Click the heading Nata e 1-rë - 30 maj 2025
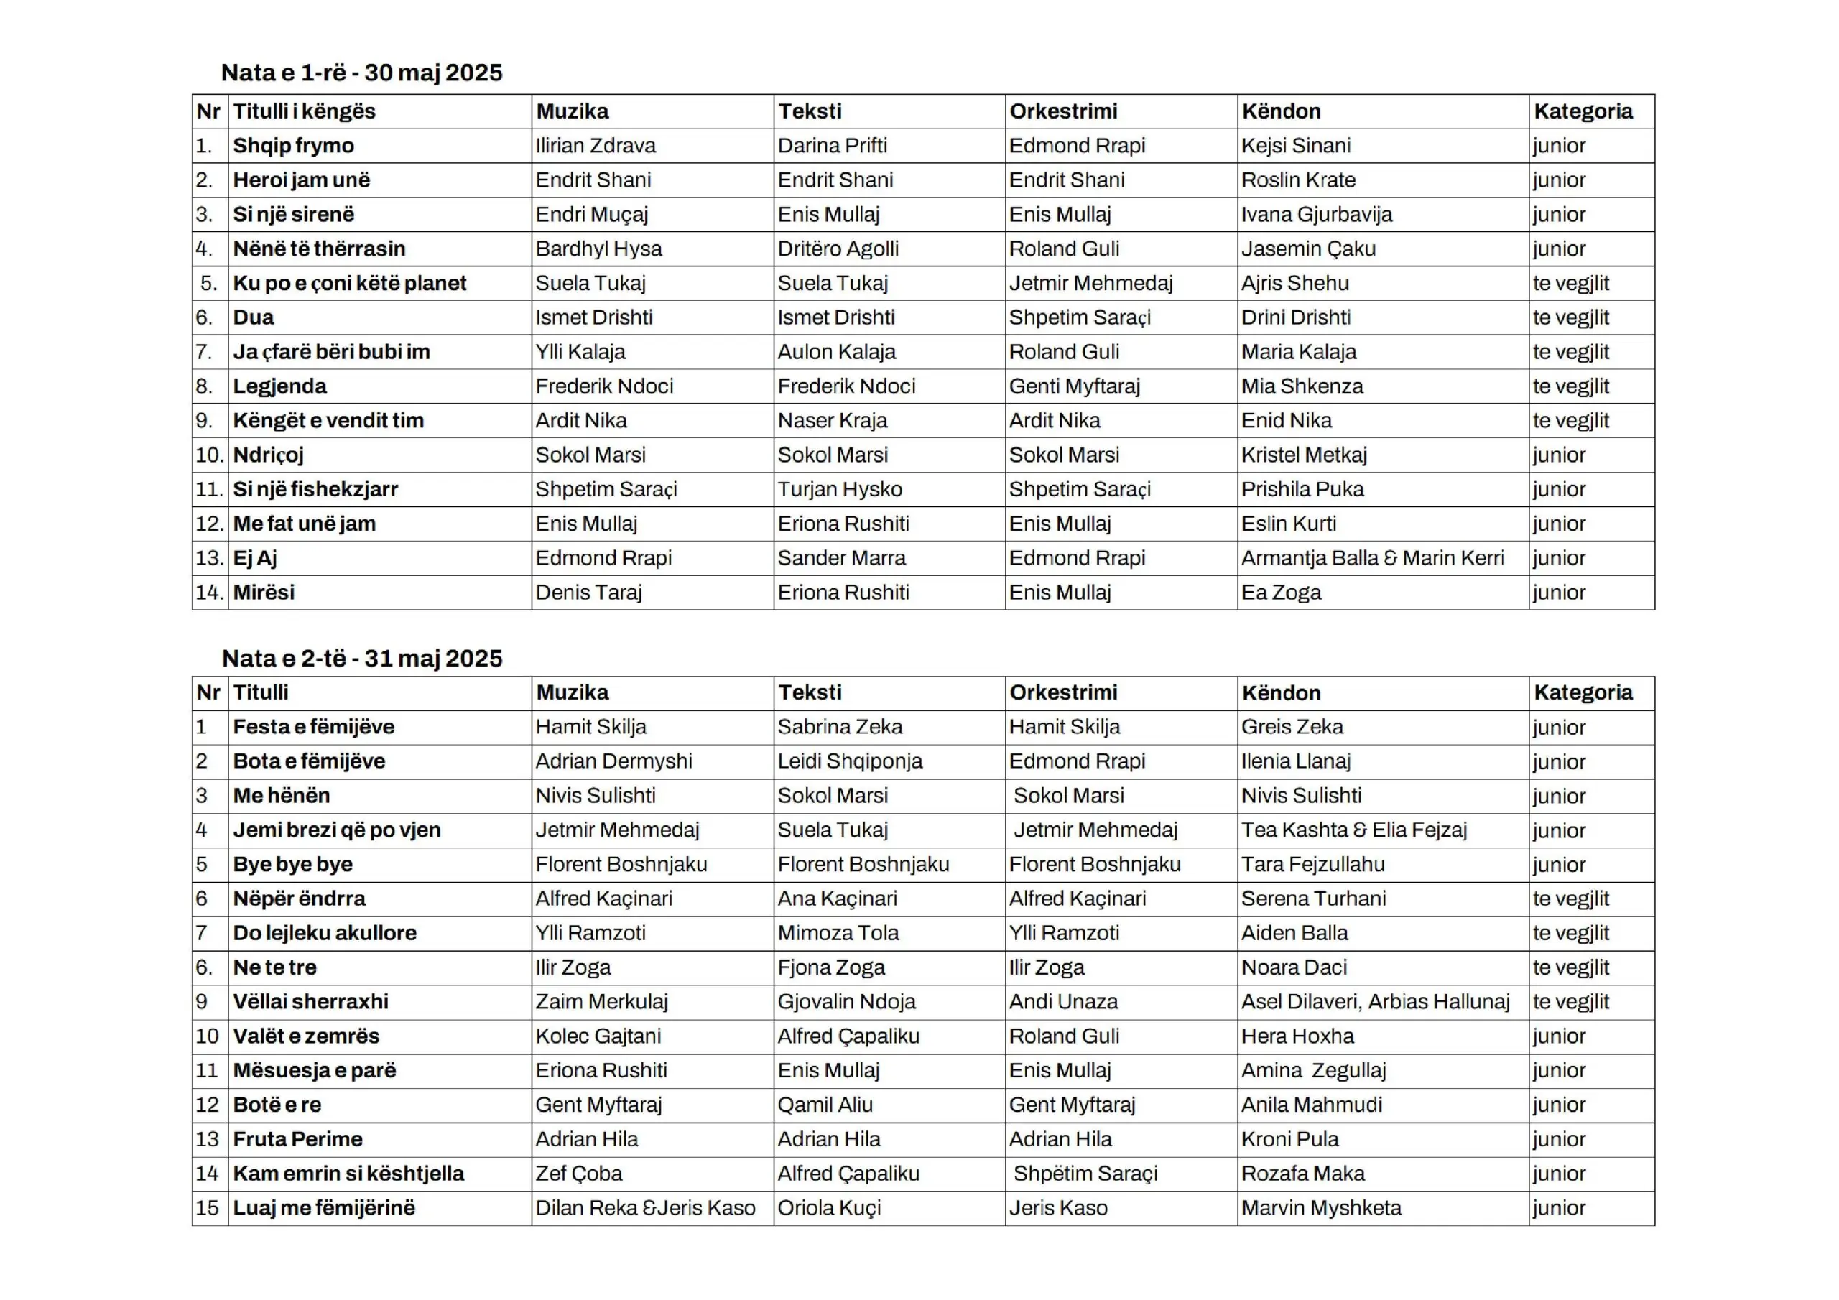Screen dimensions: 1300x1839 [x=361, y=73]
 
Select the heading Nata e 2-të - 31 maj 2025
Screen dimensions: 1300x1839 [x=361, y=659]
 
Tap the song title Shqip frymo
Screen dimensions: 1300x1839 [x=293, y=146]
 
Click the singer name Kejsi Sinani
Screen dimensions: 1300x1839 [x=1295, y=146]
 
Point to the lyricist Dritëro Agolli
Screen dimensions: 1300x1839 [x=838, y=249]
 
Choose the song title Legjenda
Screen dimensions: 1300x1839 [x=279, y=387]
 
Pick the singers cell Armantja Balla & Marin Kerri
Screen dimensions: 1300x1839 [x=1372, y=558]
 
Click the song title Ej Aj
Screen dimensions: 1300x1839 [x=255, y=558]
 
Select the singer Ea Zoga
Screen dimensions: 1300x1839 [x=1281, y=593]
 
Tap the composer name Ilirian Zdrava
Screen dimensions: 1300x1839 [x=595, y=146]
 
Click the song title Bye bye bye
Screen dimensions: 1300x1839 [x=292, y=865]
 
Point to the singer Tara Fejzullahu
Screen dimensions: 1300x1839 [x=1312, y=865]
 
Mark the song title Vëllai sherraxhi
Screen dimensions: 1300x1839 [x=311, y=1002]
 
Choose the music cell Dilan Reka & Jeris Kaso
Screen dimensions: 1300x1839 [x=645, y=1208]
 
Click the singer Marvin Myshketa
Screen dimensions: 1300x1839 [x=1321, y=1208]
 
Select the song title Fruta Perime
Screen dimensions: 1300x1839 [x=297, y=1139]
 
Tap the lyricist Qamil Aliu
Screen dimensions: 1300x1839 [x=824, y=1105]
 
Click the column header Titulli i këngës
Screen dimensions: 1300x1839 [x=304, y=111]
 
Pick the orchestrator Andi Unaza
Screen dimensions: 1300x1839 [x=1063, y=1002]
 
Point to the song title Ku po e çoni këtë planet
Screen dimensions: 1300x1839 [x=349, y=284]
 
